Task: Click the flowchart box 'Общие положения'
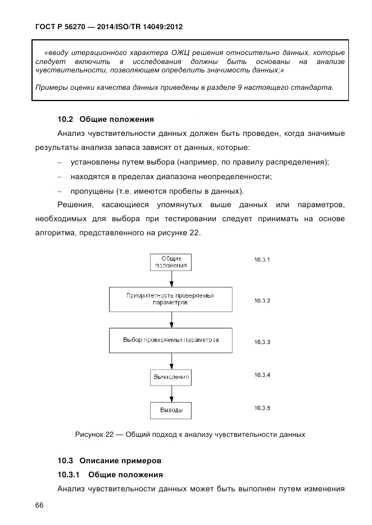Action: point(171,262)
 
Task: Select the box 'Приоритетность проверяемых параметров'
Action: point(171,299)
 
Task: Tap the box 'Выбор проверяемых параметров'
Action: point(171,340)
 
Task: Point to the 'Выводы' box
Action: point(171,410)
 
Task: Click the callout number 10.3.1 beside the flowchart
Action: point(262,260)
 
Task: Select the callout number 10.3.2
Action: point(262,301)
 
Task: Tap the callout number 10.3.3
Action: point(262,342)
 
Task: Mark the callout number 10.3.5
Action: point(262,408)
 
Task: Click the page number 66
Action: point(39,505)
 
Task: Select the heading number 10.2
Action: point(66,119)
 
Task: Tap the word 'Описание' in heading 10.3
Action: point(101,461)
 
